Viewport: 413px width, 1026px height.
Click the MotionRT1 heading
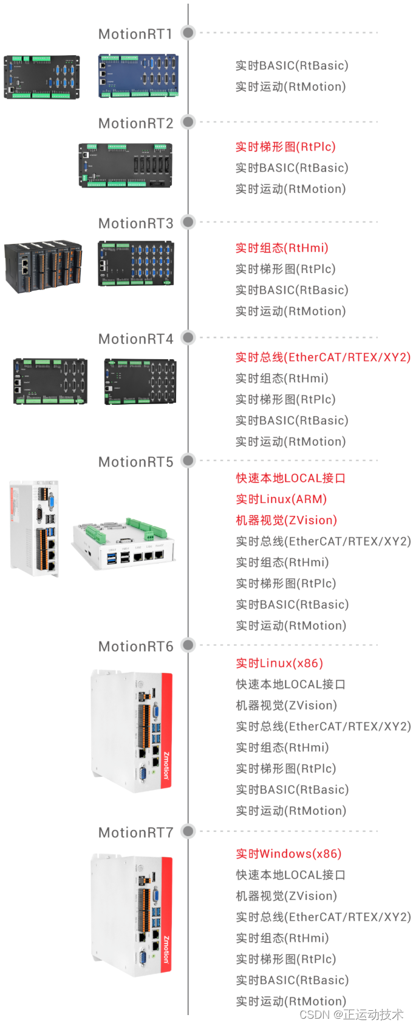(x=135, y=34)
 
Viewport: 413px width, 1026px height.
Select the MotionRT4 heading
(x=135, y=339)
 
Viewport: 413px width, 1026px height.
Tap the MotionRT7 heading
(x=135, y=832)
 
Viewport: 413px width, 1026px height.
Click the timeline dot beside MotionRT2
(x=188, y=122)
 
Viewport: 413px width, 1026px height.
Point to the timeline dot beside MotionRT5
(x=188, y=461)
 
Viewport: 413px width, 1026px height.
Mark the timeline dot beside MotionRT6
(x=188, y=645)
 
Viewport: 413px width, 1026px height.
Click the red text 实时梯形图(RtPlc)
(x=285, y=147)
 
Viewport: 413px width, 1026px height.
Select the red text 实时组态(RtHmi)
(x=282, y=248)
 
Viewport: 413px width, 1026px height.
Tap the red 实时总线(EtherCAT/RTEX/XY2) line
(x=323, y=357)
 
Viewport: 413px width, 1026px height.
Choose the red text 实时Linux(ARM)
(x=281, y=499)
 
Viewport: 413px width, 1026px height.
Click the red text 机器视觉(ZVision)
(x=286, y=521)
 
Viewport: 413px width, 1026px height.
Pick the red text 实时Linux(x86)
(x=279, y=663)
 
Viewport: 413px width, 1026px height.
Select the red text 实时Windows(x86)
(x=288, y=854)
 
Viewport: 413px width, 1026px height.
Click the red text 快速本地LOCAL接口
(x=290, y=478)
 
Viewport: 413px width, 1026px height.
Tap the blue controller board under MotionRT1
(x=138, y=76)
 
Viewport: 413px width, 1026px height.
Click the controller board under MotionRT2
(x=125, y=165)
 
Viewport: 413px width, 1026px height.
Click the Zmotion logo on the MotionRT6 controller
(x=166, y=766)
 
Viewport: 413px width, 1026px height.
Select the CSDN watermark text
(x=351, y=1014)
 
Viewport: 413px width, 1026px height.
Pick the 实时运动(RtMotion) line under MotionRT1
(x=290, y=87)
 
